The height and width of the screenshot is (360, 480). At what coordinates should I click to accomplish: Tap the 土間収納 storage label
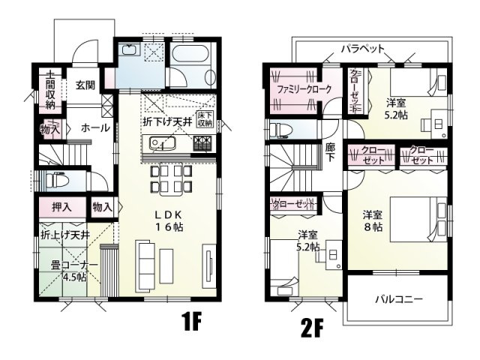pos(49,91)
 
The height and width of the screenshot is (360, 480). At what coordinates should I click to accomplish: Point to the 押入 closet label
pos(61,206)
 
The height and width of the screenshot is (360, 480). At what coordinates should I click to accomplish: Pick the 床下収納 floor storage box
pos(205,118)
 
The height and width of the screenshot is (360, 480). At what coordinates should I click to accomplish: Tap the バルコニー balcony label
pos(398,298)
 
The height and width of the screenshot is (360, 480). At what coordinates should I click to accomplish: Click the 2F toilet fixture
pos(281,128)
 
